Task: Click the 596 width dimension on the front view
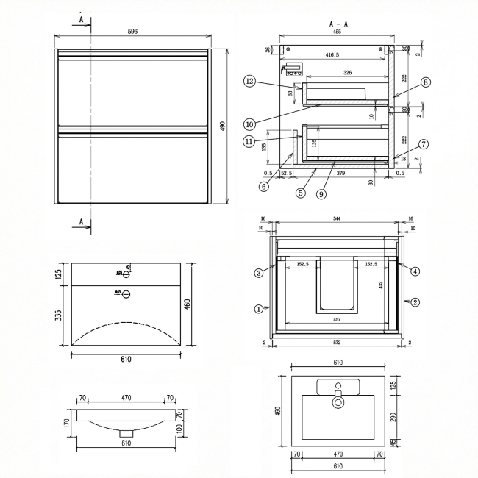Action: point(132,32)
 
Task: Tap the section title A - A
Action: point(339,24)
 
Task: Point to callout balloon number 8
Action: point(425,82)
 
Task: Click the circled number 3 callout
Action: point(259,273)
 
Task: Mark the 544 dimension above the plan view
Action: point(337,218)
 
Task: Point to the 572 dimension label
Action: point(337,343)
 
